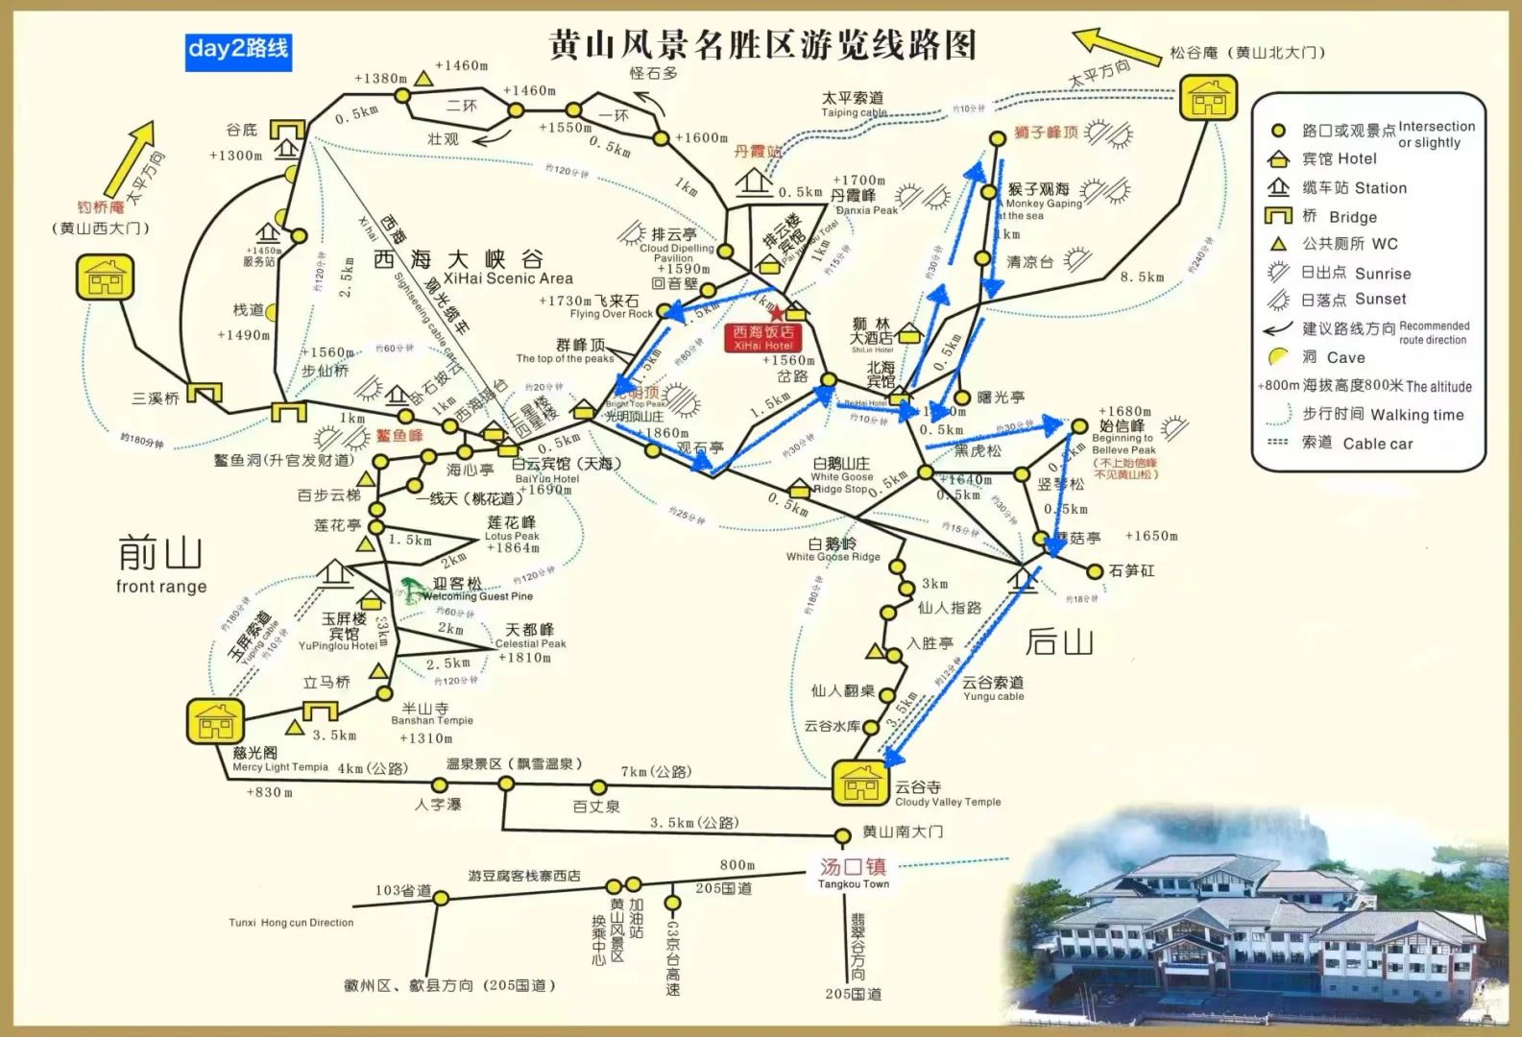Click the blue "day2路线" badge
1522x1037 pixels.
[238, 50]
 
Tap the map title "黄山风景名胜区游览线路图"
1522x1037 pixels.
[762, 45]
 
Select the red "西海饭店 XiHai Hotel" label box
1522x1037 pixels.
[763, 338]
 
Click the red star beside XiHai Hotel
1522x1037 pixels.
[777, 314]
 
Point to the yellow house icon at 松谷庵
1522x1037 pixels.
[1208, 97]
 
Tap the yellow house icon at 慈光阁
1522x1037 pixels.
[216, 722]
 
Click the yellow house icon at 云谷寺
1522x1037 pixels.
[860, 784]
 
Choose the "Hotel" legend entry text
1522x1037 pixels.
[1357, 159]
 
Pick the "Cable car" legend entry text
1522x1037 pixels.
[1377, 444]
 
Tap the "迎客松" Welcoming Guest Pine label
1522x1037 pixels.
[457, 584]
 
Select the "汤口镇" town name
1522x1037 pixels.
[853, 867]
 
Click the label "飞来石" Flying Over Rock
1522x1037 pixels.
[616, 301]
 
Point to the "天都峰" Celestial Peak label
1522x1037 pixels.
[530, 630]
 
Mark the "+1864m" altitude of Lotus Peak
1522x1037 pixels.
[512, 548]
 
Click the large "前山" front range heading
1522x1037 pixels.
[160, 554]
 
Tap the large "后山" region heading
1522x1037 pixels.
[1059, 641]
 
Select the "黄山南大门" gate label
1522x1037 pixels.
[902, 832]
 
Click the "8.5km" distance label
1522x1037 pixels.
[1142, 277]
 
